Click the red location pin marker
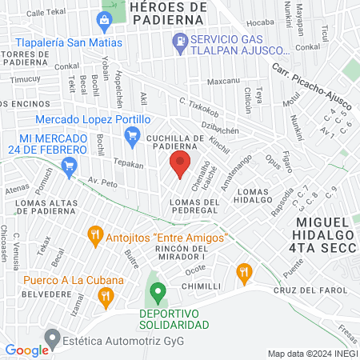coord(179,165)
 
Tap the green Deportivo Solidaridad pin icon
coord(158,290)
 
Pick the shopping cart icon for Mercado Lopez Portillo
coord(133,139)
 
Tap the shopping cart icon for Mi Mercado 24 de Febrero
coord(70,167)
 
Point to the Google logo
coord(26,350)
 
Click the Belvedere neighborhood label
coord(22,294)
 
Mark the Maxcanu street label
coord(223,82)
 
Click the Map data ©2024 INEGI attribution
coord(311,354)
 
